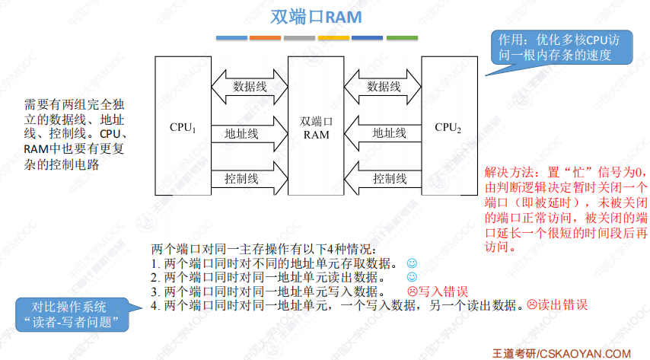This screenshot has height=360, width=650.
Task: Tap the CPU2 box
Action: point(448,128)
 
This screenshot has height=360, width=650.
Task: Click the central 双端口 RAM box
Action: point(316,128)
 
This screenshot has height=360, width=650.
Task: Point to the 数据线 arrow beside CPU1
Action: point(248,86)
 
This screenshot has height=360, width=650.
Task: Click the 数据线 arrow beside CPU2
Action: point(383,86)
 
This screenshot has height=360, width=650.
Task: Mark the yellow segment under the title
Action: point(333,37)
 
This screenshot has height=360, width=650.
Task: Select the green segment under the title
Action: point(401,37)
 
